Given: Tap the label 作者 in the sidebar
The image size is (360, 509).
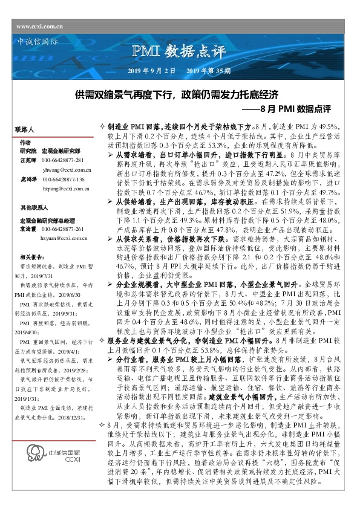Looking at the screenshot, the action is point(25,142).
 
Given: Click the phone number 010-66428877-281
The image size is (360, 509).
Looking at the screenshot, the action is point(63,159).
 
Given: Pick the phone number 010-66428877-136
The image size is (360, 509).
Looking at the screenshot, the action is point(63,180).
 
